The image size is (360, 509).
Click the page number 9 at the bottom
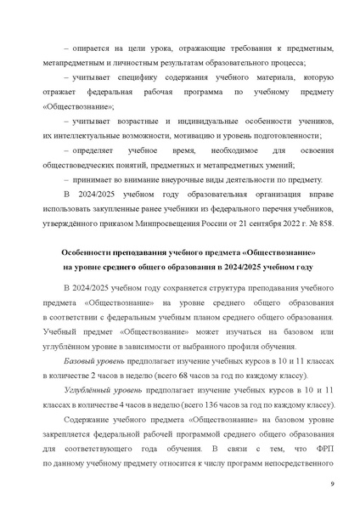point(331,484)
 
